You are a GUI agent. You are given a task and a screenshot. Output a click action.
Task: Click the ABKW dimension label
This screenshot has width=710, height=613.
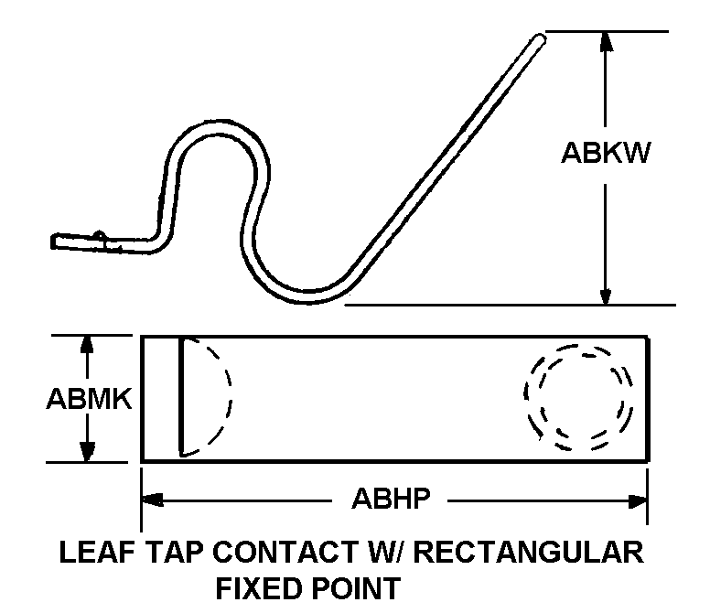pos(605,153)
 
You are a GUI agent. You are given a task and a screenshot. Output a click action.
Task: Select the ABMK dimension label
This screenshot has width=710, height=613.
pos(88,400)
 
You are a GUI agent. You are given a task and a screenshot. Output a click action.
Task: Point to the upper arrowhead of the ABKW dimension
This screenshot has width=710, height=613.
pos(605,42)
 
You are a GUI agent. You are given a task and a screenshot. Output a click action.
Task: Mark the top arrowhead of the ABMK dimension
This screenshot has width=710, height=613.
pos(88,344)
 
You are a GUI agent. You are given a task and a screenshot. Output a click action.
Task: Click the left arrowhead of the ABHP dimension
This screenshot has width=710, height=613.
pos(152,500)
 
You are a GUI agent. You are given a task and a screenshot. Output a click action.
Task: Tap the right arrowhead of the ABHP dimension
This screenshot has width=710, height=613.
pos(637,500)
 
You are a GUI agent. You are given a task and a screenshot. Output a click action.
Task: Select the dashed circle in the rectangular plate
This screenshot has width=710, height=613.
pos(578,398)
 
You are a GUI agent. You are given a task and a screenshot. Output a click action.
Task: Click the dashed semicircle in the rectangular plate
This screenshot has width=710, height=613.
pos(206,396)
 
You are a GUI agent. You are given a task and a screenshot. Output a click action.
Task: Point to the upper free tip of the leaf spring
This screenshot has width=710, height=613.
pos(539,38)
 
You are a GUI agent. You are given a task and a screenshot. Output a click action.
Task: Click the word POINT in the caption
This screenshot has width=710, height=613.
pos(358,586)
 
